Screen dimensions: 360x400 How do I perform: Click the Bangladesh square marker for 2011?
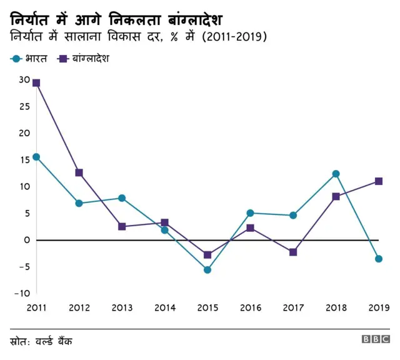[x=36, y=83]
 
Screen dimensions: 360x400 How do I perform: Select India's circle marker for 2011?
[x=36, y=157]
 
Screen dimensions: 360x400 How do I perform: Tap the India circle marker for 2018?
[x=336, y=174]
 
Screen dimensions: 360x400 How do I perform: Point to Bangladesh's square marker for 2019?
[x=378, y=181]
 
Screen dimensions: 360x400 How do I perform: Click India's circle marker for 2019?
[x=378, y=259]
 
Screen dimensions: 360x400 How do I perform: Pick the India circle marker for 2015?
[x=207, y=270]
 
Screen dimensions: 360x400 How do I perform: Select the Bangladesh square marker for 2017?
[x=292, y=252]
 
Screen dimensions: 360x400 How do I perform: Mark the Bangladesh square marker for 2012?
[x=79, y=172]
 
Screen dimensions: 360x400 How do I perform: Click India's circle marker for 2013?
[x=122, y=198]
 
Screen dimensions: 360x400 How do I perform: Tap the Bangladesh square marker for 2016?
[x=250, y=228]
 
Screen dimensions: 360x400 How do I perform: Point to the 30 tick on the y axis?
[x=24, y=80]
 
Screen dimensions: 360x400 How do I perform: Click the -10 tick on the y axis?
[x=21, y=293]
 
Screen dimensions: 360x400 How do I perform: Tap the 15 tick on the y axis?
[x=24, y=160]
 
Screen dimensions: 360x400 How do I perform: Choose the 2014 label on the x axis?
[x=164, y=307]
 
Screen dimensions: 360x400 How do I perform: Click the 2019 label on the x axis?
[x=378, y=307]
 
